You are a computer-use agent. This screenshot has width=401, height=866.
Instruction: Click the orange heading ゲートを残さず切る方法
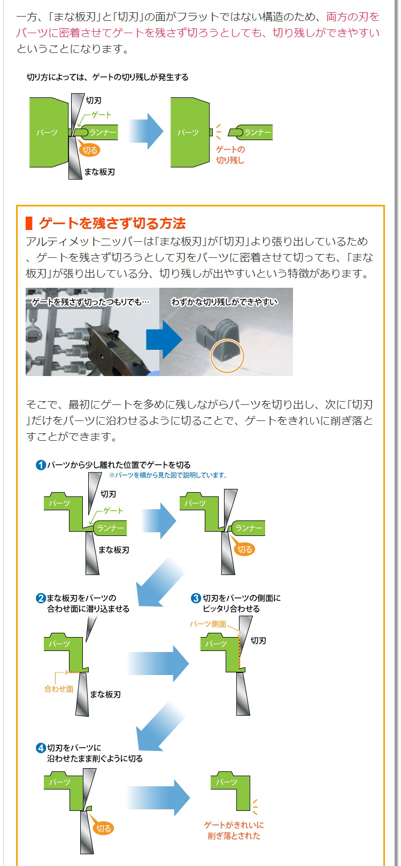[x=112, y=223]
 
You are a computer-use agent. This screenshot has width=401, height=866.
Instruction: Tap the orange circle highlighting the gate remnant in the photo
[x=227, y=355]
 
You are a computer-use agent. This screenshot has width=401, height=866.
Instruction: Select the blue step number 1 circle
[x=41, y=465]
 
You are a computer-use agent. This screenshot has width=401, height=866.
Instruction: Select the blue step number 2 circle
[x=41, y=597]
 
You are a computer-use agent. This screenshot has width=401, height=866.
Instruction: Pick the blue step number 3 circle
[x=196, y=597]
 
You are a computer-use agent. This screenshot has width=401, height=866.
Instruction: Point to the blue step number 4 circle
[x=41, y=747]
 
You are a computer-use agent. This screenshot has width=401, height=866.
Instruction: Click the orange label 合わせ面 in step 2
[x=58, y=689]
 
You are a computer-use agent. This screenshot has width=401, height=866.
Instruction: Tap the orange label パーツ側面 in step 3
[x=207, y=624]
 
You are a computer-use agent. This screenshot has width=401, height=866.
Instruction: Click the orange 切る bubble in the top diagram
[x=90, y=150]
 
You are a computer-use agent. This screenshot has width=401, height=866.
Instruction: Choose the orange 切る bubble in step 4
[x=103, y=829]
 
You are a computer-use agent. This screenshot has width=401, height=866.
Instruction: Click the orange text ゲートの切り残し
[x=230, y=155]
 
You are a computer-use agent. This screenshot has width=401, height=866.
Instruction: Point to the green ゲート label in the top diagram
[x=101, y=114]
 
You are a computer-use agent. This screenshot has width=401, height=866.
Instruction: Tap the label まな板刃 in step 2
[x=105, y=694]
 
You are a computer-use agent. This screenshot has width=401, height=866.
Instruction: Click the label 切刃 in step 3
[x=258, y=640]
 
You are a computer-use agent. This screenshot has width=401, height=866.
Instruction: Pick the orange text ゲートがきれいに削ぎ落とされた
[x=234, y=830]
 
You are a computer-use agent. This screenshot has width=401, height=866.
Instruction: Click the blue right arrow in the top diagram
[x=145, y=132]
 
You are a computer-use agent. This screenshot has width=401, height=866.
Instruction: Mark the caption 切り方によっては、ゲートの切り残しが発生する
[x=107, y=77]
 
